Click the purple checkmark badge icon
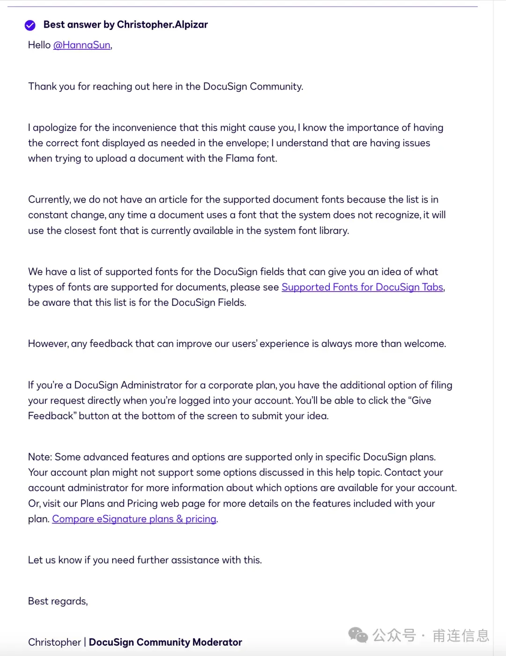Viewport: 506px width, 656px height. click(x=30, y=25)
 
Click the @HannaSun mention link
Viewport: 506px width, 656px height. click(x=82, y=45)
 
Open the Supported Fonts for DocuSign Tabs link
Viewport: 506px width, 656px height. click(x=362, y=287)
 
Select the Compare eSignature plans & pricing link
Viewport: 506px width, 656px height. click(x=134, y=519)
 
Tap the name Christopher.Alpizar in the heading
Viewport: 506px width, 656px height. click(x=162, y=24)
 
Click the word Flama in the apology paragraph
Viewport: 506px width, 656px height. click(x=239, y=158)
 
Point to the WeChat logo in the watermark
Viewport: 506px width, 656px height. click(x=358, y=635)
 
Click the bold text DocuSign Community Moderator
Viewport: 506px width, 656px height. click(x=165, y=642)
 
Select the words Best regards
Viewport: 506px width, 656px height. click(x=58, y=601)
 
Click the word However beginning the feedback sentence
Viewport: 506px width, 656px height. click(x=48, y=344)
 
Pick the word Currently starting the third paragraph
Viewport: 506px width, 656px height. click(x=49, y=200)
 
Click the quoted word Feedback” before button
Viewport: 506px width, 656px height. click(x=52, y=416)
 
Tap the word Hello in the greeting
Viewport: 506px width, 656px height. click(x=39, y=45)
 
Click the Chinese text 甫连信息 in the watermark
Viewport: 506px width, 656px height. click(x=461, y=636)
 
